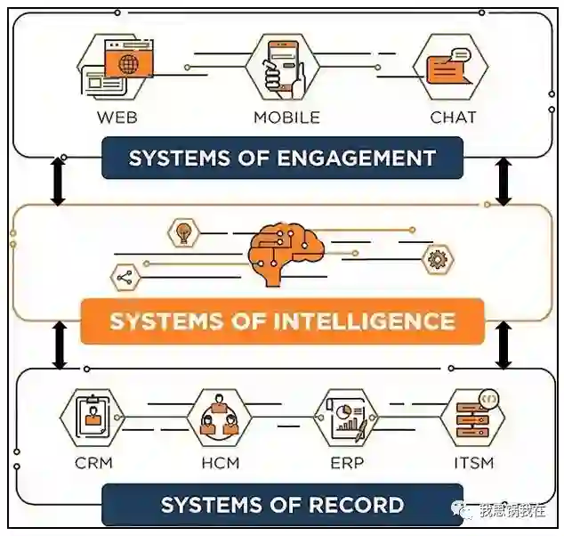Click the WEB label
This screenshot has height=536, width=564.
coord(117,117)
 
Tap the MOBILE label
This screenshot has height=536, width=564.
coord(286,117)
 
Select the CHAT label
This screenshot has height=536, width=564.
coord(453,117)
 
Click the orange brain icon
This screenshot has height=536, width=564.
coord(281,252)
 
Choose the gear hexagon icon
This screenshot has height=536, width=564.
coord(436,260)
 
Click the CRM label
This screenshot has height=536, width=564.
coord(93,463)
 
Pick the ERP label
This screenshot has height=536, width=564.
coord(346,463)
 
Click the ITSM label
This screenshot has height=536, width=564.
coord(472,463)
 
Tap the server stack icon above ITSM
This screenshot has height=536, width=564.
coord(472,418)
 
